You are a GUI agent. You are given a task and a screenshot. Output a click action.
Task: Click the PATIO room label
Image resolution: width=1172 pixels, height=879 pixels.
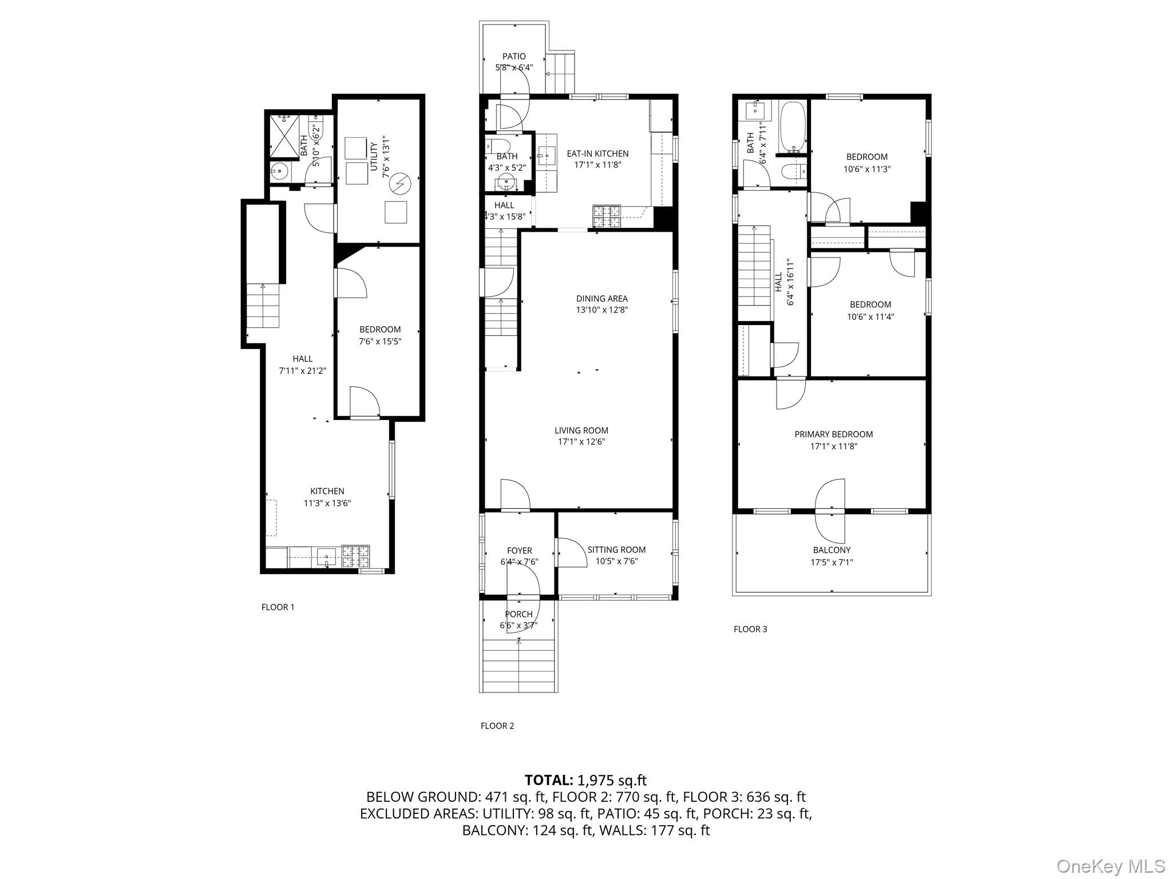point(514,56)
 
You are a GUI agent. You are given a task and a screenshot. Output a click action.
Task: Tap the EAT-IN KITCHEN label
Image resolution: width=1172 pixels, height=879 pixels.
point(597,153)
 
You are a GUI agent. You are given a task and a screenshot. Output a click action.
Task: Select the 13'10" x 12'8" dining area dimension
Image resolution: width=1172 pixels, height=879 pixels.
point(602,310)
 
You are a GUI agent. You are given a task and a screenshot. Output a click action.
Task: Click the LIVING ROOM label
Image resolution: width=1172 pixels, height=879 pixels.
point(581,430)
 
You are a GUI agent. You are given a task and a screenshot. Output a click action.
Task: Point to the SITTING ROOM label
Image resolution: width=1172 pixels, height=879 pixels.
point(616,550)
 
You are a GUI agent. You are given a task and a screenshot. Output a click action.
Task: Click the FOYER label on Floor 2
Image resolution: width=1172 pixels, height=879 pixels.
point(519,551)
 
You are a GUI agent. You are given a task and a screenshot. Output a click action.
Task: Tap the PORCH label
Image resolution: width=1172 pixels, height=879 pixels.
point(518,614)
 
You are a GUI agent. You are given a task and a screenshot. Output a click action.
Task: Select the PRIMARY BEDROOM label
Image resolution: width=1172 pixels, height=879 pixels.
point(833,434)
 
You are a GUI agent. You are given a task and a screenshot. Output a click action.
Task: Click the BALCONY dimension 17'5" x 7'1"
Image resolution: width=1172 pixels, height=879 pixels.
point(832,563)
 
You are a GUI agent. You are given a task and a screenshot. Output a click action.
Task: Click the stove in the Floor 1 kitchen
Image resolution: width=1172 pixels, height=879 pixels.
point(355,556)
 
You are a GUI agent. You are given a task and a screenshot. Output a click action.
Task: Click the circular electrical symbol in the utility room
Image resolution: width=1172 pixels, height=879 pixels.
point(399,183)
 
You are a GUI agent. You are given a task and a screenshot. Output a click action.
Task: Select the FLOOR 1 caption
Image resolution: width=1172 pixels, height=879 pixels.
point(278,607)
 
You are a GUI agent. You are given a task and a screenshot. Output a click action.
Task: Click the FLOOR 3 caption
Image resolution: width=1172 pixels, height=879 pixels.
point(750,629)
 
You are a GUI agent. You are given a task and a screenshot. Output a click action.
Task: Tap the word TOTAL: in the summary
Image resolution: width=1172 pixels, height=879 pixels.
point(549,780)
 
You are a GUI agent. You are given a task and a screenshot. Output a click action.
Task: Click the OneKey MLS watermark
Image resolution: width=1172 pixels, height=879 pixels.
point(1110,866)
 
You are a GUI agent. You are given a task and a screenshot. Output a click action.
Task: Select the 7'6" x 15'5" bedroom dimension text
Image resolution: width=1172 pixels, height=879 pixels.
point(380,342)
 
